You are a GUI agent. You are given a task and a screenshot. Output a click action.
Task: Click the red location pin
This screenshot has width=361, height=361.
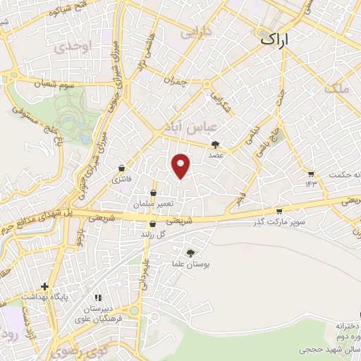[181, 166]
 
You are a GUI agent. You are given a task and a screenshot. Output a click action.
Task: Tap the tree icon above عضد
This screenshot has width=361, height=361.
[215, 144]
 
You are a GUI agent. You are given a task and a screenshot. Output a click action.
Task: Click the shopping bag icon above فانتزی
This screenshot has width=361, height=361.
[123, 169]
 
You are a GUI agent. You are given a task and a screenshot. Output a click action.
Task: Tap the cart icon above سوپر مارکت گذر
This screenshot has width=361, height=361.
[279, 211]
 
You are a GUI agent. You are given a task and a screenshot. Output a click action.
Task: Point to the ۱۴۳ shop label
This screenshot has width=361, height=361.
[312, 183]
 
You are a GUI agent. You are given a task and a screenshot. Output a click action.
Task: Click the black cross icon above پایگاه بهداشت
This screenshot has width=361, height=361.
[45, 286]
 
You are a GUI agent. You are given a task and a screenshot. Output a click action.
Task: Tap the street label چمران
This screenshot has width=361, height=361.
[173, 80]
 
